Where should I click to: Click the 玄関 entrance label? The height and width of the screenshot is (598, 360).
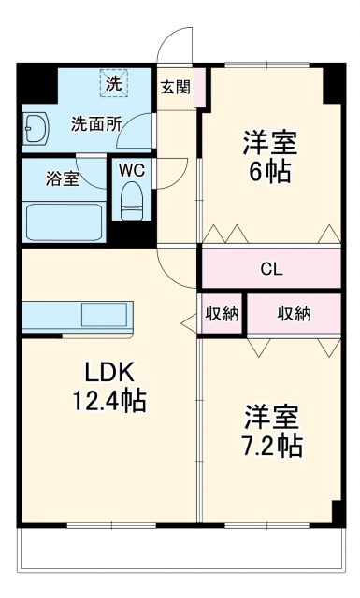coord(175,88)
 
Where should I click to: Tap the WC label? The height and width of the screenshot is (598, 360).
coord(132,172)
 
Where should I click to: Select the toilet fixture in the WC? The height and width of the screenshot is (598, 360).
coord(132,198)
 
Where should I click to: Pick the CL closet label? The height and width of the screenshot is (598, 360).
coord(271,270)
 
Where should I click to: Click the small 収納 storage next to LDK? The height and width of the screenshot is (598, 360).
coord(222,314)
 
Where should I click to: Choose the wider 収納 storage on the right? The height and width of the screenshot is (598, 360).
coord(294,314)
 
